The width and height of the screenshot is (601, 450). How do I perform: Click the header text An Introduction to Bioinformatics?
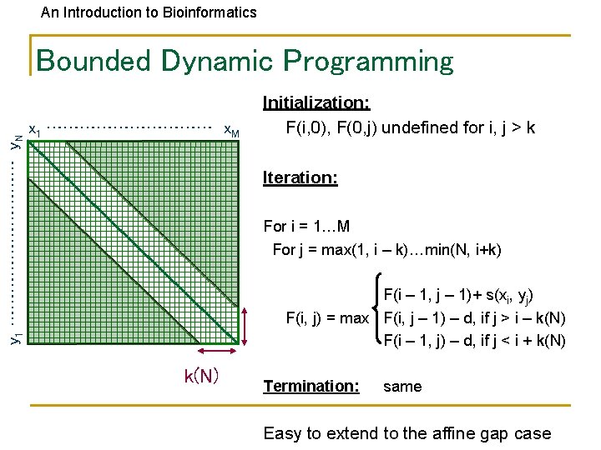pyautogui.click(x=149, y=12)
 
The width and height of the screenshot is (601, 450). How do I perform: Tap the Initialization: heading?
pyautogui.click(x=316, y=102)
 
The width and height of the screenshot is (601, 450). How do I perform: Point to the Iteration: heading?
pyautogui.click(x=300, y=177)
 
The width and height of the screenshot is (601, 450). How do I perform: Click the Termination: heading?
pyautogui.click(x=311, y=386)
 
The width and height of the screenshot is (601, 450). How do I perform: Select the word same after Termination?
pyautogui.click(x=402, y=387)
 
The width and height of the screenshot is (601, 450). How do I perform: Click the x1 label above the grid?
pyautogui.click(x=35, y=130)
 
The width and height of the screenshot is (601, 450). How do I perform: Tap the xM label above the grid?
pyautogui.click(x=231, y=131)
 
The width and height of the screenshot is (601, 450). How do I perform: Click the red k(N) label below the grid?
pyautogui.click(x=201, y=376)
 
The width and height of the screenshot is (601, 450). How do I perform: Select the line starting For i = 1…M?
pyautogui.click(x=306, y=227)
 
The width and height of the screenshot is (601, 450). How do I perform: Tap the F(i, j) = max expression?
pyautogui.click(x=327, y=317)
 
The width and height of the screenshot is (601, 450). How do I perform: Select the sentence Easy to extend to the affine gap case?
pyautogui.click(x=407, y=433)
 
